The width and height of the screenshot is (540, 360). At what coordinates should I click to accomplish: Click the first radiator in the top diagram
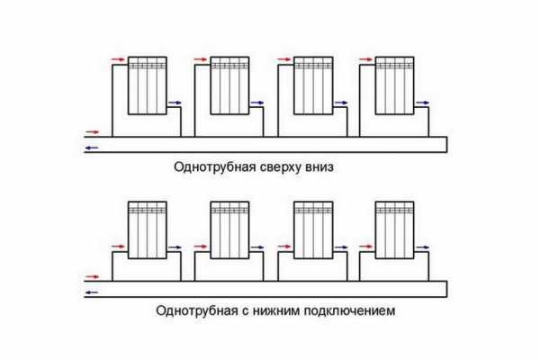(147, 85)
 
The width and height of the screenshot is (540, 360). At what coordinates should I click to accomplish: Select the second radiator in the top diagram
(229, 85)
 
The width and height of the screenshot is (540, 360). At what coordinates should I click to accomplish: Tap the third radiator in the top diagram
(312, 85)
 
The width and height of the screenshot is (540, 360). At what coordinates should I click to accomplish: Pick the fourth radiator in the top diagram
(394, 85)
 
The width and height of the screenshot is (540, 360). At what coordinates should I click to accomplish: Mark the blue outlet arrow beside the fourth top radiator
(424, 103)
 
